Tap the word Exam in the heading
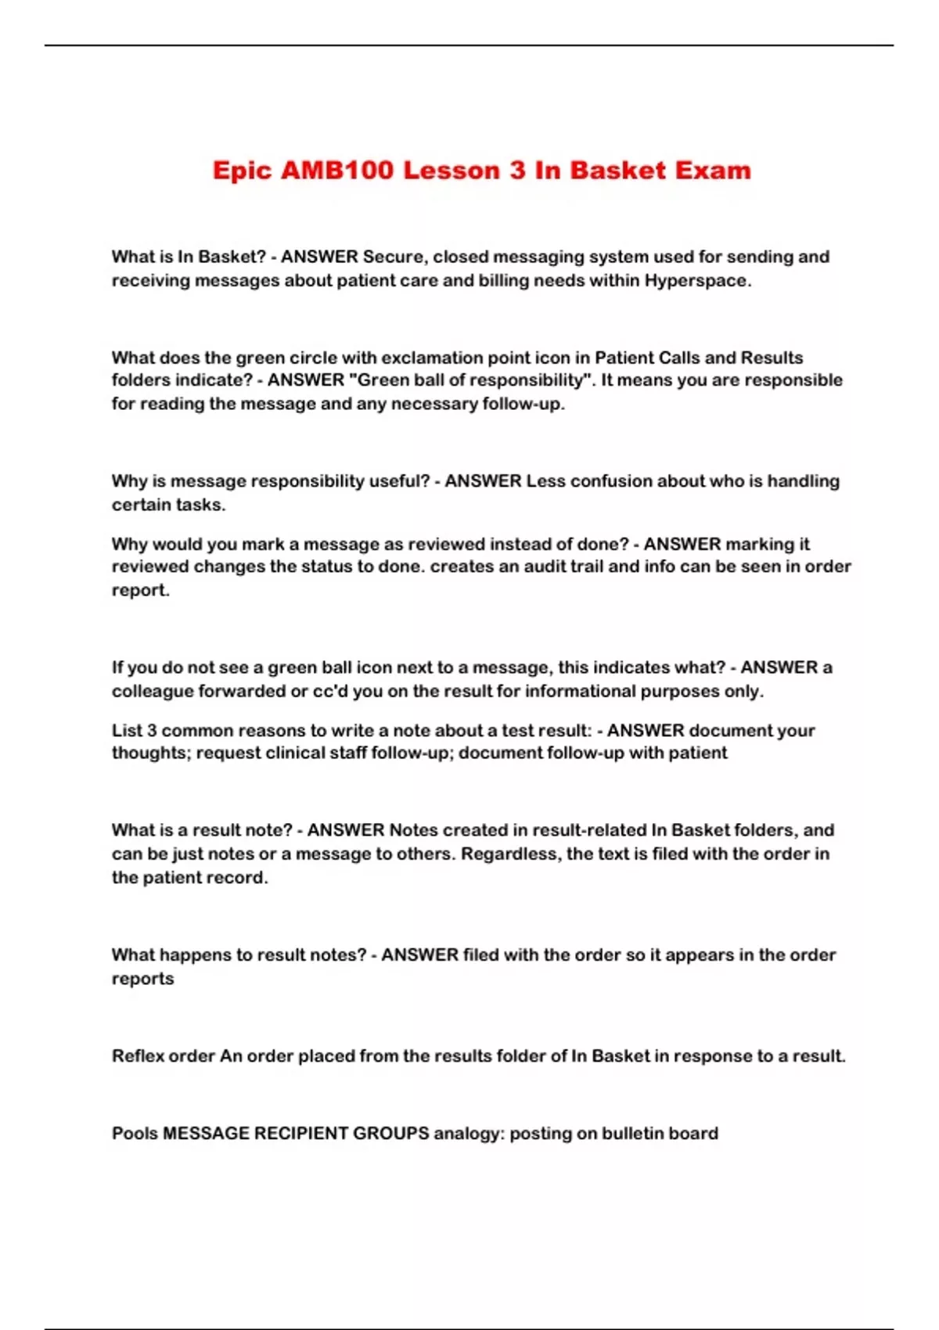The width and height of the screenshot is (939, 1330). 713,171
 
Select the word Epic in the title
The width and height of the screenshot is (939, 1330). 241,171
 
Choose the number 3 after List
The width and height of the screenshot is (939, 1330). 152,730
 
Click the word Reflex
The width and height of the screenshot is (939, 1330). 138,1056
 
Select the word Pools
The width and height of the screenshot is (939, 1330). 135,1134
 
